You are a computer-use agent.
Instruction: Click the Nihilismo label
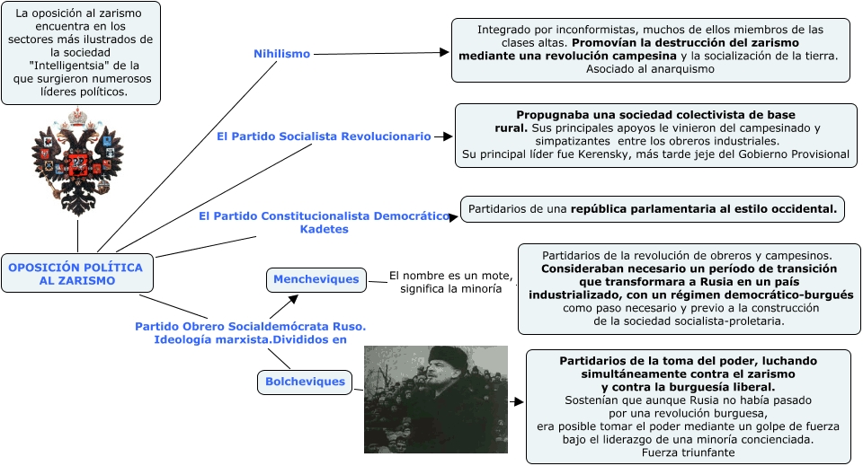tap(281, 54)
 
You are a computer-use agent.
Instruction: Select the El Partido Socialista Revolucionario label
tap(324, 136)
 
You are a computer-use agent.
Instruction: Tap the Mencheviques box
tap(316, 279)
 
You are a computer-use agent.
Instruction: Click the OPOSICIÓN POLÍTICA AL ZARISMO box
tap(76, 274)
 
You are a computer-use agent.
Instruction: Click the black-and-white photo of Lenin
tap(435, 399)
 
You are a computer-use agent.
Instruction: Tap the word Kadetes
tap(324, 230)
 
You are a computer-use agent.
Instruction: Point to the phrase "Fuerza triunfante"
tap(688, 453)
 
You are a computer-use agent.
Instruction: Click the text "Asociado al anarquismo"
tap(650, 69)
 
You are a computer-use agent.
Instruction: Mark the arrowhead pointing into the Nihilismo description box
tap(444, 53)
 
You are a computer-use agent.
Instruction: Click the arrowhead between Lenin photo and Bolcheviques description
tap(518, 401)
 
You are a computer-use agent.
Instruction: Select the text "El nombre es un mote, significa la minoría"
tap(450, 283)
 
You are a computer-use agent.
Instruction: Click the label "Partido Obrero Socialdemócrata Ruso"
tap(250, 326)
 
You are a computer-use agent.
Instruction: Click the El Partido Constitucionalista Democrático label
tap(324, 216)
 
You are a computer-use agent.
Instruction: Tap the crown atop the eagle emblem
tap(77, 117)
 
